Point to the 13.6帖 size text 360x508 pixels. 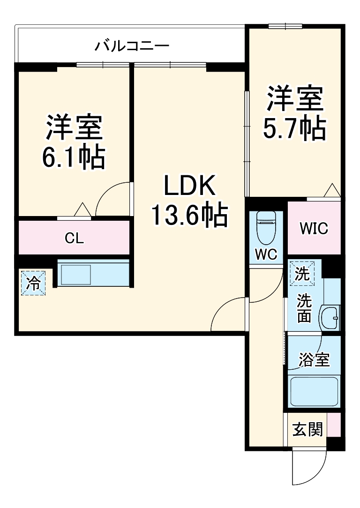189,215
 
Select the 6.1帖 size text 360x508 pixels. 74,157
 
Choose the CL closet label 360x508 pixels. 74,239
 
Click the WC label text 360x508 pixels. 266,254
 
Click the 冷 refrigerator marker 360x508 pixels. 33,283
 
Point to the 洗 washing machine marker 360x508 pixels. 302,273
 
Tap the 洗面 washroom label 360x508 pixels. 304,307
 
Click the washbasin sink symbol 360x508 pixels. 330,318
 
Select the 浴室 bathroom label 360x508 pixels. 314,360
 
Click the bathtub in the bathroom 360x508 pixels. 314,392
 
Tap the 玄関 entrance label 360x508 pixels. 307,429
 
